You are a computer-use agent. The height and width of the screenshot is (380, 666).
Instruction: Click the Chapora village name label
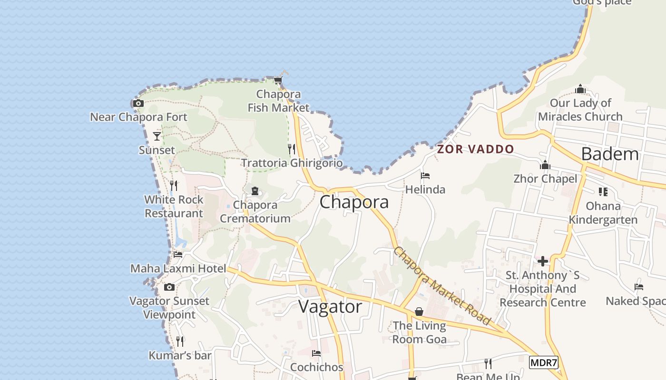click(x=354, y=202)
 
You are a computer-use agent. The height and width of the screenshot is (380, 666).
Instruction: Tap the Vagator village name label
click(x=330, y=307)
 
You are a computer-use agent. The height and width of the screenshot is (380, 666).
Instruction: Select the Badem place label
click(x=610, y=154)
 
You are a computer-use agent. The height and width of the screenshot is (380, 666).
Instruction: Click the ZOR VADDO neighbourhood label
click(x=476, y=149)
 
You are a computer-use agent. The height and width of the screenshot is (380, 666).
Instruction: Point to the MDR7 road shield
click(x=543, y=363)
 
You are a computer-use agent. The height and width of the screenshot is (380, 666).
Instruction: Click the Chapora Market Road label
click(x=441, y=286)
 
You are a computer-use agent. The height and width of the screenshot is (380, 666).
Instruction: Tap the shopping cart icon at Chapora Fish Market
click(x=278, y=80)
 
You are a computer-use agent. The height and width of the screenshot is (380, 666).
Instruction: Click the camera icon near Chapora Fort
click(x=138, y=103)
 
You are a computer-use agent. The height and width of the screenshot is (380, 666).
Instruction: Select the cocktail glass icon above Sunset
click(x=157, y=136)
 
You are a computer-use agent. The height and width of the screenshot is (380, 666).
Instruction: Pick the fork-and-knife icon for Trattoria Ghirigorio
click(x=292, y=149)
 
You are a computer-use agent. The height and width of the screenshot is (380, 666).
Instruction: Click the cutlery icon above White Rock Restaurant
click(x=174, y=186)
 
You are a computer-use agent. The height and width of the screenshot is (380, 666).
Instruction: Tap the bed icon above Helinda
click(x=425, y=176)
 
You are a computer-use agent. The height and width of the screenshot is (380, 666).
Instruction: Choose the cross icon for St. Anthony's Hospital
click(x=543, y=261)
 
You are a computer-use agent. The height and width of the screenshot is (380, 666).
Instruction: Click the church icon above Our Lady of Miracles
click(x=580, y=89)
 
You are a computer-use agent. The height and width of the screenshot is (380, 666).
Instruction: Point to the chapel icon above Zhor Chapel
click(x=545, y=165)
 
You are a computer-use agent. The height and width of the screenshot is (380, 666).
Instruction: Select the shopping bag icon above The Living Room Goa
click(x=419, y=312)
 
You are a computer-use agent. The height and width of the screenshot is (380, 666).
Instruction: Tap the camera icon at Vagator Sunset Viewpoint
click(x=169, y=287)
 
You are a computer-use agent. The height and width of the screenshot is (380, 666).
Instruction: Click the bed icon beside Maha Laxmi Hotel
click(x=178, y=255)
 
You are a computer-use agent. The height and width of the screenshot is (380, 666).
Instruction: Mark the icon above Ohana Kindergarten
click(x=603, y=192)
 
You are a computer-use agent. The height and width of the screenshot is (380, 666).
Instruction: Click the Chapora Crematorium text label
click(x=255, y=212)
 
